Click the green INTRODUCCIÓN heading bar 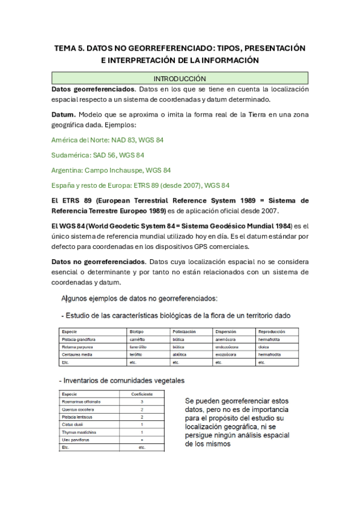click(x=180, y=78)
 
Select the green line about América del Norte click(x=108, y=140)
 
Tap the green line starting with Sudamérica click(x=98, y=155)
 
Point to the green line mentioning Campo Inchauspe click(x=111, y=170)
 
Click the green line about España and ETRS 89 click(x=140, y=185)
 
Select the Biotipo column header click(x=137, y=331)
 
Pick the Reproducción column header click(x=271, y=331)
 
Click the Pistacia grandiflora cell click(x=80, y=339)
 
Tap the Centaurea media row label click(x=77, y=355)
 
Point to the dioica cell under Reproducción click(x=264, y=347)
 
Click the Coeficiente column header click(x=142, y=393)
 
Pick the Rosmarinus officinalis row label click(x=81, y=401)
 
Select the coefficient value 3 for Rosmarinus click(x=142, y=401)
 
